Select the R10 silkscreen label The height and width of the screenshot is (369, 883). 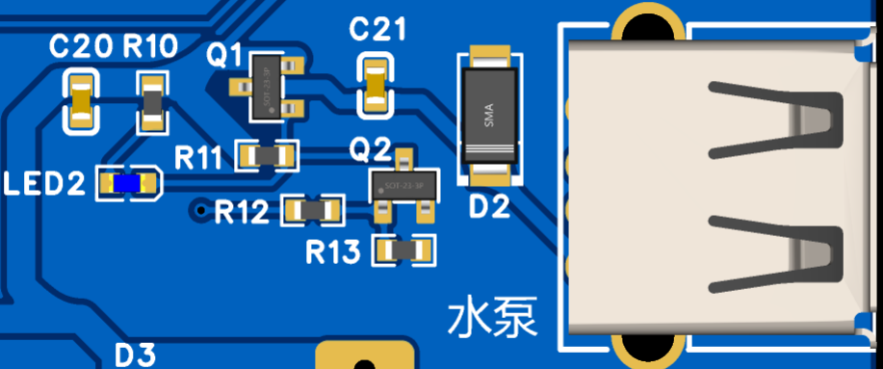pyautogui.click(x=149, y=45)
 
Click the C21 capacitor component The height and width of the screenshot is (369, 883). pyautogui.click(x=377, y=85)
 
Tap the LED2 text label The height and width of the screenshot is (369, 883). pyautogui.click(x=44, y=183)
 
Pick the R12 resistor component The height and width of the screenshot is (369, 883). pyautogui.click(x=313, y=209)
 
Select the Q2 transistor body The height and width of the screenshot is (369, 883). pyautogui.click(x=405, y=185)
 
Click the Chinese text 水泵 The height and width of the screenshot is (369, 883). pyautogui.click(x=492, y=318)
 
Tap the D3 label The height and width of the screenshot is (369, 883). pyautogui.click(x=135, y=355)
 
